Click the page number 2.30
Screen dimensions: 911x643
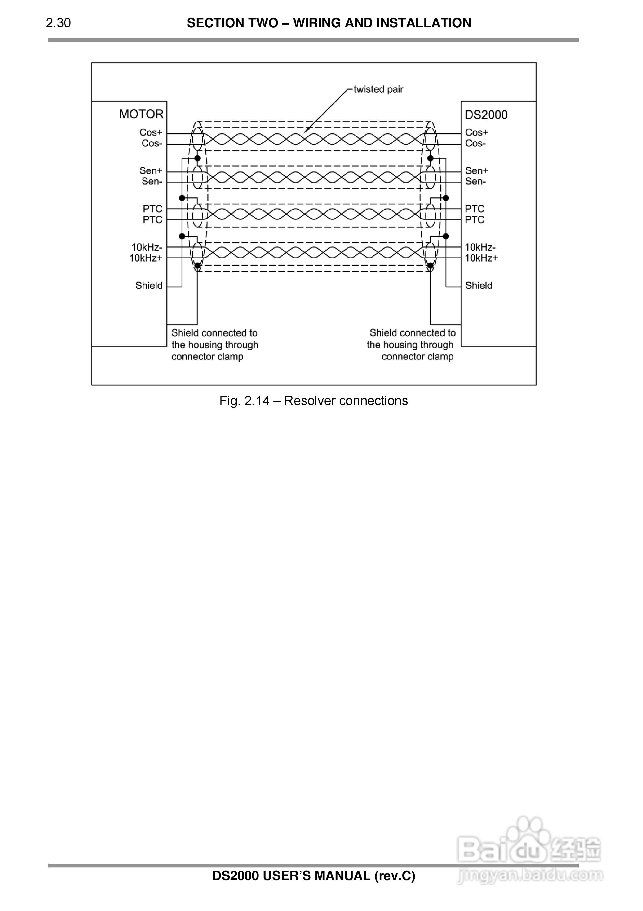pyautogui.click(x=58, y=23)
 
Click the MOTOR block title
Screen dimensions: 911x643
pyautogui.click(x=141, y=114)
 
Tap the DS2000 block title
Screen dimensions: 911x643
pyautogui.click(x=486, y=115)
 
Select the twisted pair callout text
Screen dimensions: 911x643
pyautogui.click(x=378, y=89)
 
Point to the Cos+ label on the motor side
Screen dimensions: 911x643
pyautogui.click(x=151, y=132)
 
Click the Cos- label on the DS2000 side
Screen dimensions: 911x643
pyautogui.click(x=475, y=143)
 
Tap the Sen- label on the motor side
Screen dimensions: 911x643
pyautogui.click(x=152, y=181)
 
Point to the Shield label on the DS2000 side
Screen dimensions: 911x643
pyautogui.click(x=478, y=285)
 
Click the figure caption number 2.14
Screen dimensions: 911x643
pyautogui.click(x=257, y=401)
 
